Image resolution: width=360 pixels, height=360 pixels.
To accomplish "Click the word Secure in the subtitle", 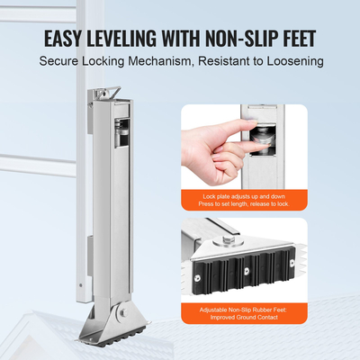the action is pyautogui.click(x=58, y=61).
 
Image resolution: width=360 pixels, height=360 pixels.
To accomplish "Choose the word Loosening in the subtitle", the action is pyautogui.click(x=295, y=62).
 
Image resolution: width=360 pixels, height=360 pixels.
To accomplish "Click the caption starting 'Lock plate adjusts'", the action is pyautogui.click(x=244, y=200).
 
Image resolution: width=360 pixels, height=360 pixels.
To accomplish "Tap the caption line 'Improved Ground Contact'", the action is pyautogui.click(x=244, y=317).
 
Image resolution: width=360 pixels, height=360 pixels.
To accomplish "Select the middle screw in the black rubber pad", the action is pyautogui.click(x=247, y=270).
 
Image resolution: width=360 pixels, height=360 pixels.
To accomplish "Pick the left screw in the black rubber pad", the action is pyautogui.click(x=198, y=278).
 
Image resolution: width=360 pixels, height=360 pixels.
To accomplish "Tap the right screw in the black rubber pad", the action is pyautogui.click(x=292, y=263).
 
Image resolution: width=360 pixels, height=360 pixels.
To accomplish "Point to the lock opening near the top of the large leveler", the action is pyautogui.click(x=122, y=133).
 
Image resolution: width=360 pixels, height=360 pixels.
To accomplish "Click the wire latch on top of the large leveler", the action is pyautogui.click(x=112, y=92).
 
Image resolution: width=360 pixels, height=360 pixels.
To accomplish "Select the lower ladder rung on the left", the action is pyautogui.click(x=38, y=166).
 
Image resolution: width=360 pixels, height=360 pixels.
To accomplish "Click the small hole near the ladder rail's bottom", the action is pyautogui.click(x=80, y=285).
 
